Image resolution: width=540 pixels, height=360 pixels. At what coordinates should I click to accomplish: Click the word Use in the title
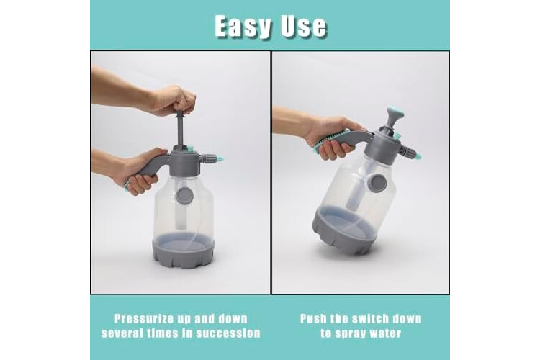coord(303,26)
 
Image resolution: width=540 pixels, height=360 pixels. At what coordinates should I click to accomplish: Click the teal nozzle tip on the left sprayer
coord(219,159)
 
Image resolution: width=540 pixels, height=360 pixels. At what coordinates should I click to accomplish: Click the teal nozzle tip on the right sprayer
coord(418,156)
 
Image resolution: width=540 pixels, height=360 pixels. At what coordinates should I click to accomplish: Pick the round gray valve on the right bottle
coord(377,183)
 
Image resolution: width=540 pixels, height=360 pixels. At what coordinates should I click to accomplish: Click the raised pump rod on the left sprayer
coord(180,130)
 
